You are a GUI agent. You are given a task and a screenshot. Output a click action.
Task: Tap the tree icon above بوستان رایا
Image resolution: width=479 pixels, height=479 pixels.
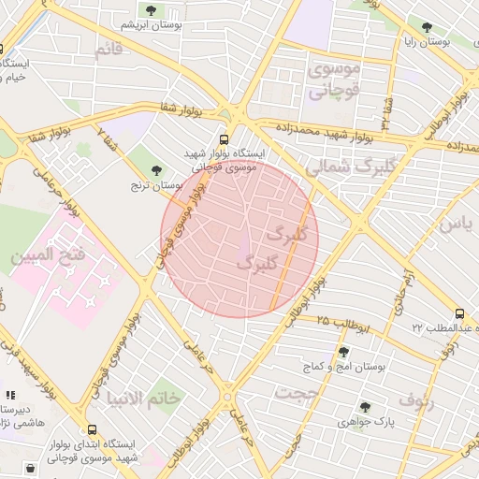click(428, 27)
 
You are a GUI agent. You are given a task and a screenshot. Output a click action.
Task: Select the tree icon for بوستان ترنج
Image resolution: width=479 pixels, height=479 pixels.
click(156, 170)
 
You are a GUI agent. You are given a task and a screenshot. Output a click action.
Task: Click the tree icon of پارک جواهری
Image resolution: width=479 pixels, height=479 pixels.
click(365, 407)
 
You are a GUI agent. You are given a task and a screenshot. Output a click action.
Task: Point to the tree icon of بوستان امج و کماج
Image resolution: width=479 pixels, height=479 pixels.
click(343, 352)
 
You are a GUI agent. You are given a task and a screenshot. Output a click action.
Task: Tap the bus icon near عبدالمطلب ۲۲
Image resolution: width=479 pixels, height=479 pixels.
click(459, 313)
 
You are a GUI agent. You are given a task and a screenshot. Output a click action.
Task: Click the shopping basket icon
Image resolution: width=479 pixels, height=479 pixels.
click(31, 467)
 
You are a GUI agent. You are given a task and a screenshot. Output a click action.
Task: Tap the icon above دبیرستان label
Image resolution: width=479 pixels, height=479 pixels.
click(11, 396)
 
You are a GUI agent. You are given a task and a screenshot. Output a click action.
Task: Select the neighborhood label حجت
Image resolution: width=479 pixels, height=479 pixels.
click(301, 394)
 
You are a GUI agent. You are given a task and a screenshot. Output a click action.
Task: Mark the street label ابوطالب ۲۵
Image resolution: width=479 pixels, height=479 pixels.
click(342, 324)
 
